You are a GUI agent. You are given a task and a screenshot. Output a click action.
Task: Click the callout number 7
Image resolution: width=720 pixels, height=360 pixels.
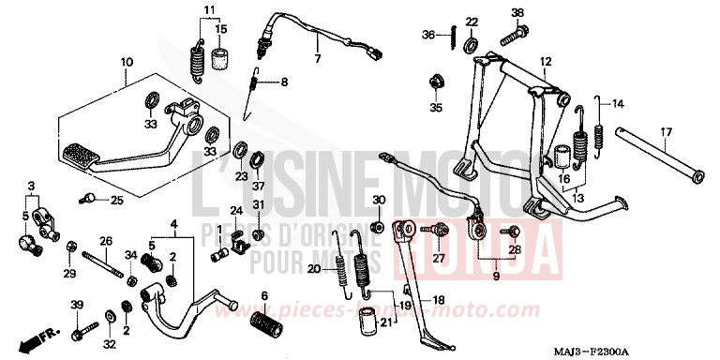(x=316, y=59)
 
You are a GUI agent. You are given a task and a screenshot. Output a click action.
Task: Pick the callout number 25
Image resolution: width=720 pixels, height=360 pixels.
(x=117, y=200)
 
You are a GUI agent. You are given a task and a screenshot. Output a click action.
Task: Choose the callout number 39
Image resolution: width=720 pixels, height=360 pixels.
(x=77, y=304)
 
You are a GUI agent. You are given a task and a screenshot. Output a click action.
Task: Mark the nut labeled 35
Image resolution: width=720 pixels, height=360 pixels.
(x=436, y=82)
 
